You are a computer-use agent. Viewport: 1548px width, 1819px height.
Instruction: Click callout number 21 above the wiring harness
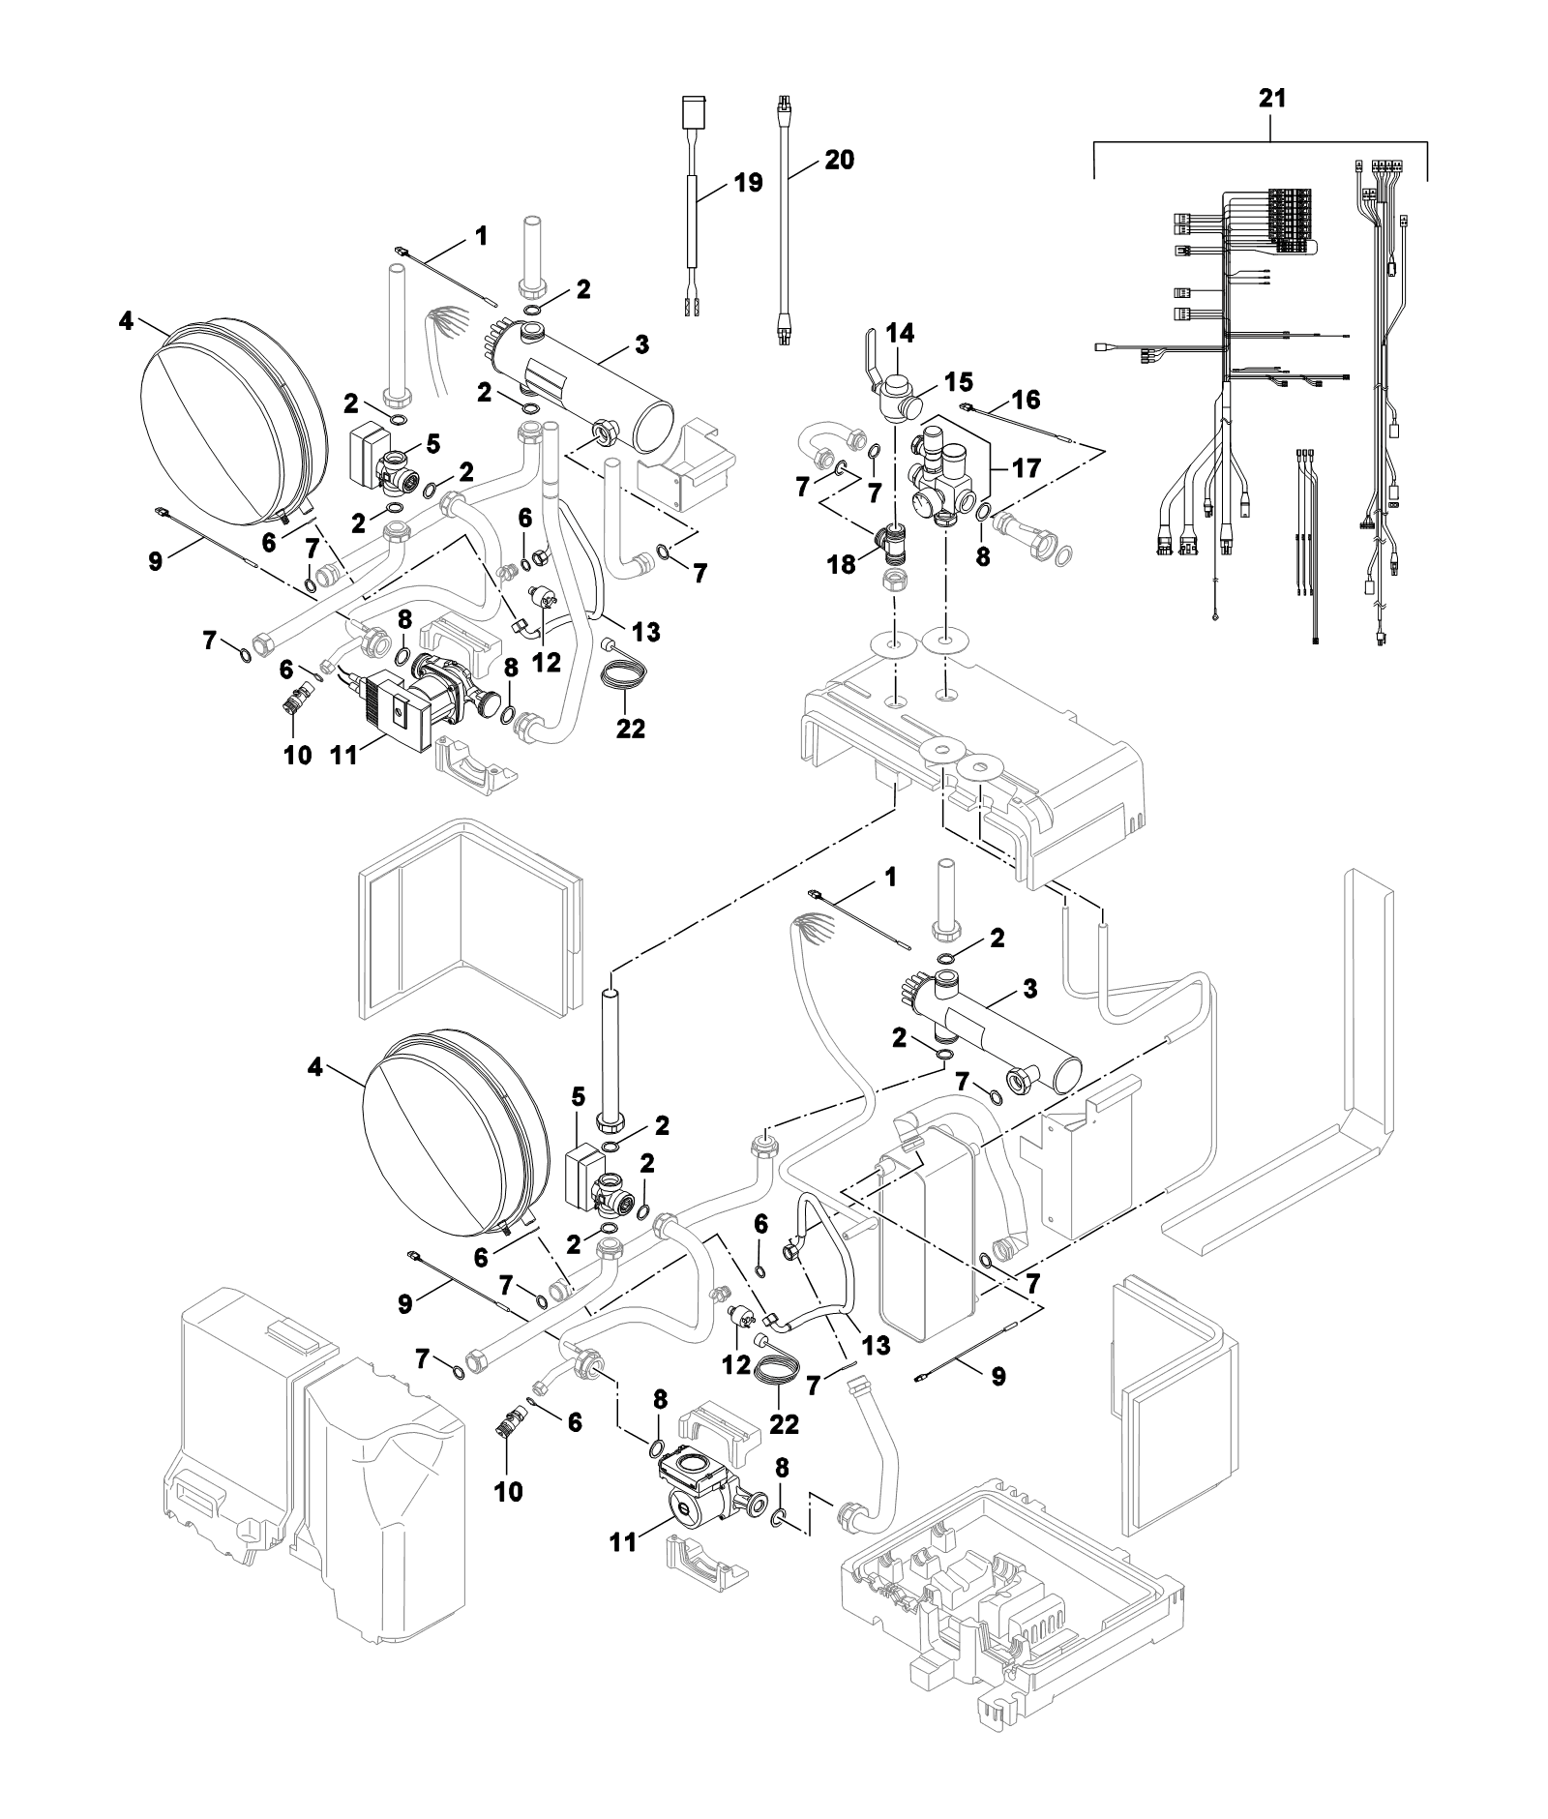(x=1271, y=99)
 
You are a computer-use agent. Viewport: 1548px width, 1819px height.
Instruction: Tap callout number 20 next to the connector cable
(x=839, y=160)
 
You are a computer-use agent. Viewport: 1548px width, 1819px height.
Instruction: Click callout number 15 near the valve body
(x=959, y=380)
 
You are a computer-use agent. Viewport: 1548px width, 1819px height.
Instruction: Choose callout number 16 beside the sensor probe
(x=1025, y=399)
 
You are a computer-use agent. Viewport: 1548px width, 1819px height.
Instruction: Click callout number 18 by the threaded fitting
(x=843, y=564)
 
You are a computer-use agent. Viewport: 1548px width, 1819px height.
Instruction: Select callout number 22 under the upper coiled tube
(x=631, y=727)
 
